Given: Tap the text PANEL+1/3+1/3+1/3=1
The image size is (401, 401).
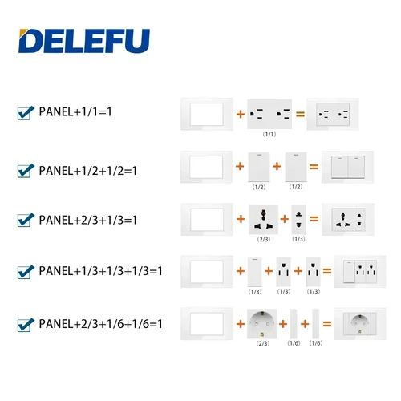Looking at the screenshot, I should pyautogui.click(x=100, y=270).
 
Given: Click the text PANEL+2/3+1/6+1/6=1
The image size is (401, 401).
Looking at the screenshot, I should pyautogui.click(x=100, y=324).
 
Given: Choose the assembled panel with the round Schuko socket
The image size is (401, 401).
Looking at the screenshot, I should pyautogui.click(x=355, y=324).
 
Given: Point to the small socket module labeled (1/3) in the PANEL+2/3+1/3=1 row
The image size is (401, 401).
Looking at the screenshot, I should pyautogui.click(x=298, y=218).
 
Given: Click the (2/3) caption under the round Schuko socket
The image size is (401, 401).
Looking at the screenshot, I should pyautogui.click(x=264, y=343).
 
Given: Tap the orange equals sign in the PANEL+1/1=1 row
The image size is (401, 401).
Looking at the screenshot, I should pyautogui.click(x=301, y=115).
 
